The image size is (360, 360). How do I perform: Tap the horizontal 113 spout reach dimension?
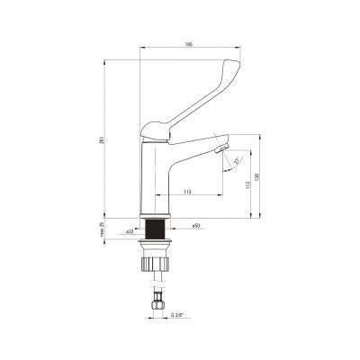tap(186, 192)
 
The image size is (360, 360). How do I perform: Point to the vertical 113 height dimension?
tap(247, 184)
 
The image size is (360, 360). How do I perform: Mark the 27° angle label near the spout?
tap(237, 160)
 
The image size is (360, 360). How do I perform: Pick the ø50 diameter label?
tap(194, 225)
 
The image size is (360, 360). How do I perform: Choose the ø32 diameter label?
tap(129, 232)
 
